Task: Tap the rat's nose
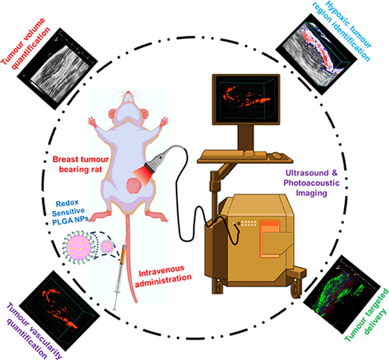[128, 93]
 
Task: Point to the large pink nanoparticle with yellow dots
[78, 246]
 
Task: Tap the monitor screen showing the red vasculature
[246, 99]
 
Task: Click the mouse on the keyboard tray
[276, 156]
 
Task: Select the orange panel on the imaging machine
[269, 239]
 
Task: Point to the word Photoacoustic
[311, 183]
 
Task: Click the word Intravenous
[162, 271]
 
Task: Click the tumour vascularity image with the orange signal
[60, 311]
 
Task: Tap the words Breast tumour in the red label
[81, 159]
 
